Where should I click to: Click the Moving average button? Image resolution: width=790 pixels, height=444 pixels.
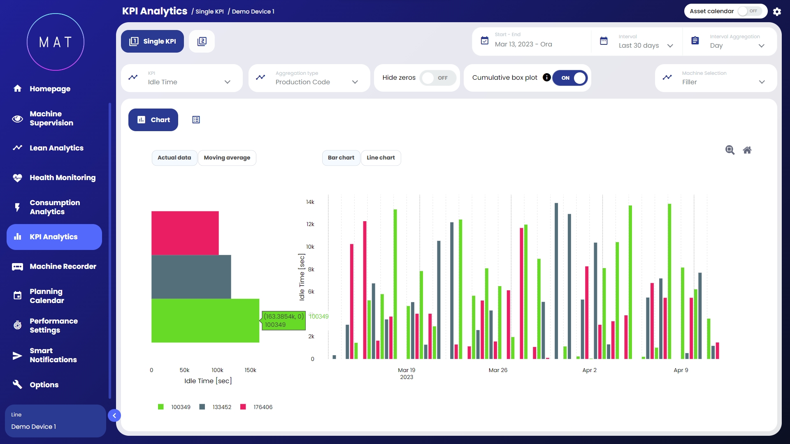(227, 158)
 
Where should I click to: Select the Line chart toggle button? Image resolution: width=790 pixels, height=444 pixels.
(381, 158)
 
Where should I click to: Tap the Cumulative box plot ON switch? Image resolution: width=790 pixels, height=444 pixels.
(570, 78)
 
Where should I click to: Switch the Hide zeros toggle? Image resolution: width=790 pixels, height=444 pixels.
(437, 78)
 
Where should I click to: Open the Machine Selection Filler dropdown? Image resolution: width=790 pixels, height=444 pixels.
(716, 78)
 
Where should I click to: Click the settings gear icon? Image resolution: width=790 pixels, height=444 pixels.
(777, 12)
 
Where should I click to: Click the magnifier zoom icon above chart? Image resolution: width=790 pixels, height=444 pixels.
(730, 150)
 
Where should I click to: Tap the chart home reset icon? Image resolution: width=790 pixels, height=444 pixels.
(747, 150)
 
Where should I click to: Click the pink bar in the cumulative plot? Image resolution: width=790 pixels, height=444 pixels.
(185, 233)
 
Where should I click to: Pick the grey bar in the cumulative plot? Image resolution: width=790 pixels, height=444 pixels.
(191, 277)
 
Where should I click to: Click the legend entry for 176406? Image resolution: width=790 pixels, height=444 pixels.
(257, 407)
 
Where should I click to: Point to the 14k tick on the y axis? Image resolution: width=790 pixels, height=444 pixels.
(310, 202)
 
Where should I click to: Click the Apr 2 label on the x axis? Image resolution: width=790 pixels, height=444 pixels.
(589, 370)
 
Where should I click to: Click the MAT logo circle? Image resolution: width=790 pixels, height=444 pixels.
(56, 42)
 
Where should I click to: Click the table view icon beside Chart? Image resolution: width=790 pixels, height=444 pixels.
(196, 120)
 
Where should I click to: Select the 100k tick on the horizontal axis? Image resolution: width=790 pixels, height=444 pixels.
(217, 370)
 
